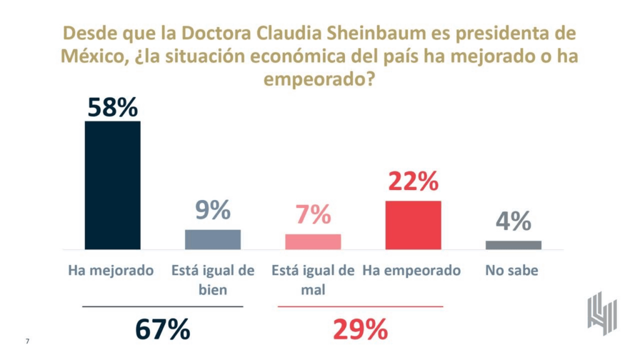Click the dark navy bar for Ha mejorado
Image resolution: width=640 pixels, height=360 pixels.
tap(112, 185)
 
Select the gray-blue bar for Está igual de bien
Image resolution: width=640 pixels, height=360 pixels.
tap(212, 239)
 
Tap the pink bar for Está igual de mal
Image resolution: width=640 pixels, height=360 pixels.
tap(313, 242)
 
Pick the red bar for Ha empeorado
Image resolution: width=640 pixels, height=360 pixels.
tap(413, 225)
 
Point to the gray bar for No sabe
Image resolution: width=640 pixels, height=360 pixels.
tap(513, 245)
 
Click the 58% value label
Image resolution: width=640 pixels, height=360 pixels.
tap(112, 107)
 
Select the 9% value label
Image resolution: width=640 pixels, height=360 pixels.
tap(212, 211)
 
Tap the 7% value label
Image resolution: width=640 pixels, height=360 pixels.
tap(313, 216)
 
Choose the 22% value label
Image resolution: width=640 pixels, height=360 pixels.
tap(413, 182)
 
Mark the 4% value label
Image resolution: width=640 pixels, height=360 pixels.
tap(513, 221)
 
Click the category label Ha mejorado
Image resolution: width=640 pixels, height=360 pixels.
tap(111, 271)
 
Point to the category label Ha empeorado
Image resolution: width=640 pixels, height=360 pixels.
tap(412, 271)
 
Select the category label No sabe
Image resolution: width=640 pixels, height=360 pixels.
tap(511, 271)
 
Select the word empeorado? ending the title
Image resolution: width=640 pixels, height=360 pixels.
tap(319, 80)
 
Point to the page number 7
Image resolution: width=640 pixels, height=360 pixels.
tap(27, 341)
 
